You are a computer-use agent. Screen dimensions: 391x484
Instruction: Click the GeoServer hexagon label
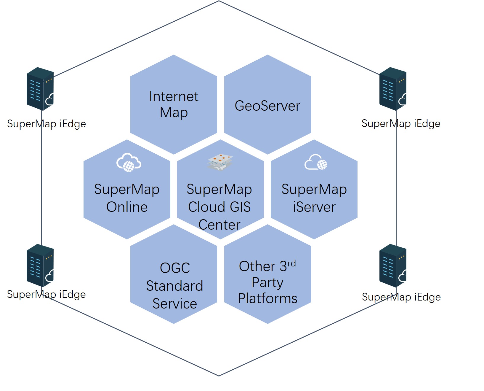point(267,106)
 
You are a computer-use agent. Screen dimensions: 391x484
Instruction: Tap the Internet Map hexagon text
point(174,104)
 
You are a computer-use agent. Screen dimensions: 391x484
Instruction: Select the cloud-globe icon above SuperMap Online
point(129,163)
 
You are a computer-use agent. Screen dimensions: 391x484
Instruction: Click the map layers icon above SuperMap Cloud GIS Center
point(220,162)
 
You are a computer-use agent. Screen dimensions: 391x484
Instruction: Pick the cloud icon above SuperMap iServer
point(316,162)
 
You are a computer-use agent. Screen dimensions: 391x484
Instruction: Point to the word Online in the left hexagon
point(127,207)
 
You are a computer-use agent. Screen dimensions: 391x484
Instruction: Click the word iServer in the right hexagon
point(314,207)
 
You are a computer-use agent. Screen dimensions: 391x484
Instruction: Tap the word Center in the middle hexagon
point(219,225)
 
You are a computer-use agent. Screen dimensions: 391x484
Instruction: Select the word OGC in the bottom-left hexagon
point(175,268)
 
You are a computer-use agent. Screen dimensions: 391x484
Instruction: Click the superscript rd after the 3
point(291,263)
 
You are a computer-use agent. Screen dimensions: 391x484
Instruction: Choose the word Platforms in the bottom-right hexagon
point(267,298)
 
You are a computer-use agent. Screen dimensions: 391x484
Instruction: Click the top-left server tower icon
point(40,89)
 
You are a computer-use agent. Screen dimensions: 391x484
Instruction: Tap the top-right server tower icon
point(393,89)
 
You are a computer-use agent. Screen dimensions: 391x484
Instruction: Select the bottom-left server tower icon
point(40,265)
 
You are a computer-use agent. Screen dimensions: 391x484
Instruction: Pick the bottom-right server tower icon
point(393,265)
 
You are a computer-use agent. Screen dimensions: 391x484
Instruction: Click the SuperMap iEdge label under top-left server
point(47,124)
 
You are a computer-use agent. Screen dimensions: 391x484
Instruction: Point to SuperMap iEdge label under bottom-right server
point(401,297)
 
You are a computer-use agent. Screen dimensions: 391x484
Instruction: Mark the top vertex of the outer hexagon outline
point(219,1)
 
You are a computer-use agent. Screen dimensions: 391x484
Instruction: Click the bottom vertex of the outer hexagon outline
point(219,376)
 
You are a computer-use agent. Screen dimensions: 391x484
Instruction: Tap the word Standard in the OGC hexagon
point(174,286)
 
